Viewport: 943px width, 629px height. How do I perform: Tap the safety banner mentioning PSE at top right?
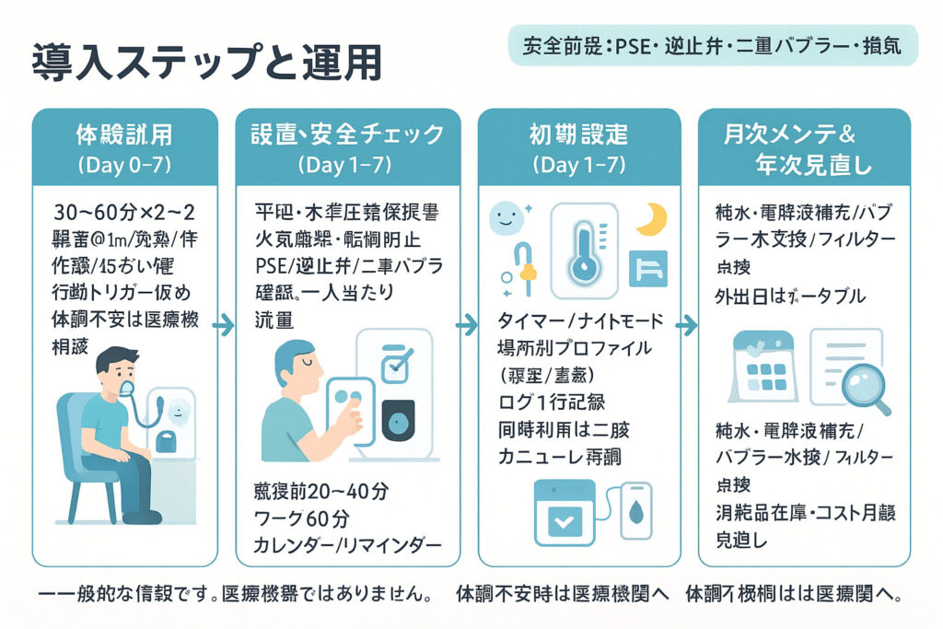(x=713, y=45)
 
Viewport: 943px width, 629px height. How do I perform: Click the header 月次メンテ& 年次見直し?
(x=803, y=150)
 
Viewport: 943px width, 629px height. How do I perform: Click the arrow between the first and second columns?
(x=222, y=324)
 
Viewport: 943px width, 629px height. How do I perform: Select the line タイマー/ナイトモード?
(x=579, y=321)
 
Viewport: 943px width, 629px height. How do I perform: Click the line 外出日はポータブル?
(x=790, y=297)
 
